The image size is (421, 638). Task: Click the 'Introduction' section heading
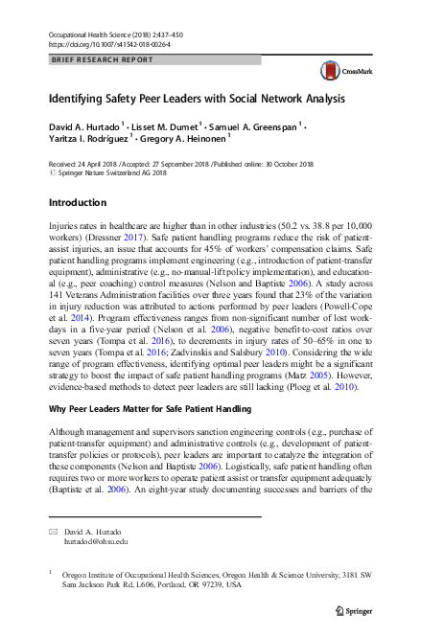click(78, 203)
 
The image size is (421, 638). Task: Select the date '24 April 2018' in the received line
click(102, 165)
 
